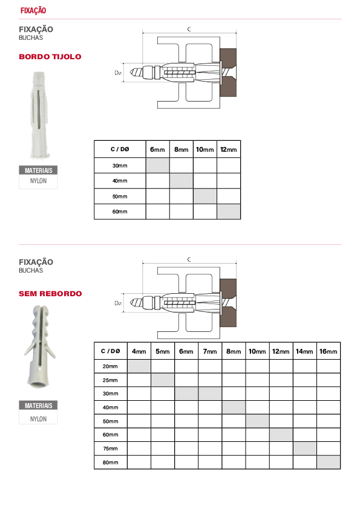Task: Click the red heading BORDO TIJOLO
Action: click(50, 56)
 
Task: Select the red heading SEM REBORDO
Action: click(50, 293)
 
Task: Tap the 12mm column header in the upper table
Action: click(229, 149)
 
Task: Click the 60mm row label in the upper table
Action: click(120, 212)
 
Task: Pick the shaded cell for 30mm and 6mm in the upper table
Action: click(157, 165)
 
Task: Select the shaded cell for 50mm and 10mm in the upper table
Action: click(205, 196)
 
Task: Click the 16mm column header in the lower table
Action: click(328, 351)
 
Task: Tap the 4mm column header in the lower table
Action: click(139, 351)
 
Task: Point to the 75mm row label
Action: click(110, 449)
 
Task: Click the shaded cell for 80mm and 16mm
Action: click(329, 462)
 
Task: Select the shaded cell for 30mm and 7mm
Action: click(210, 394)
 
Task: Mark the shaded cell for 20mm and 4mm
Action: click(139, 366)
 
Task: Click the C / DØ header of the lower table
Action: click(111, 351)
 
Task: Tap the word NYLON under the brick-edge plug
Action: click(38, 181)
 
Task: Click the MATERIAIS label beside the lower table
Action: click(38, 406)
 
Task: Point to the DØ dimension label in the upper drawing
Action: click(118, 73)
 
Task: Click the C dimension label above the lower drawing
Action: click(189, 259)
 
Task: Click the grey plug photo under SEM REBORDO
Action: click(40, 346)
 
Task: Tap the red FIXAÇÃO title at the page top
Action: click(33, 10)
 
